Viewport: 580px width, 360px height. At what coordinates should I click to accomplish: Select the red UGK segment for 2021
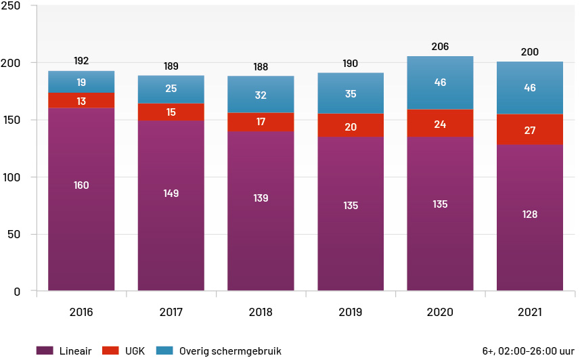(529, 129)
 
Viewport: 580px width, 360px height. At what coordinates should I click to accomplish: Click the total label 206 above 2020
(440, 47)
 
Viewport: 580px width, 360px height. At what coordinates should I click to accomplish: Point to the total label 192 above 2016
(81, 61)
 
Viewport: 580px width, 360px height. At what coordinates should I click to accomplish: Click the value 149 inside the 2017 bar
(171, 194)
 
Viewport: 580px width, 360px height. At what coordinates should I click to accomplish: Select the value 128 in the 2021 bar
(529, 215)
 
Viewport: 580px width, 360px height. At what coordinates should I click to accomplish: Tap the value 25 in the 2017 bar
(171, 89)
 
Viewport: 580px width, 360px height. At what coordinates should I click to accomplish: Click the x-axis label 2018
(261, 312)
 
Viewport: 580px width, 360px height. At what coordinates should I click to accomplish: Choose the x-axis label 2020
(440, 312)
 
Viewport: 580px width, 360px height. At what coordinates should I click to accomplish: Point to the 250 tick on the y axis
(13, 6)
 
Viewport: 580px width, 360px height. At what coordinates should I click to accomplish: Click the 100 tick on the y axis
(13, 177)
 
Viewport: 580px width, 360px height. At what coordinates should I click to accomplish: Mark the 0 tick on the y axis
(17, 292)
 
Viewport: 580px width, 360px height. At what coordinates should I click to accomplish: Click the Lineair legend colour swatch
(45, 351)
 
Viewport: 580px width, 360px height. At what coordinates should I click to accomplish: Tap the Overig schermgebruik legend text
(230, 351)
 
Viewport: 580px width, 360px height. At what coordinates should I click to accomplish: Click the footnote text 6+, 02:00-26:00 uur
(529, 351)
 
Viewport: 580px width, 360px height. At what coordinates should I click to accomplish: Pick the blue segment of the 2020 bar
(440, 83)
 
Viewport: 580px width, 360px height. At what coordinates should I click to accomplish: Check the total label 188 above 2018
(261, 66)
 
